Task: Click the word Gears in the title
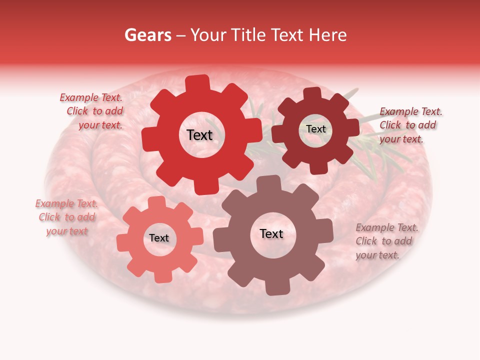148,35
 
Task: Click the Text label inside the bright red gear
199,135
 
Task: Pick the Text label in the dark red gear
315,129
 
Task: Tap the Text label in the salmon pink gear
159,238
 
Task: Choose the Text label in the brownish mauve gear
271,233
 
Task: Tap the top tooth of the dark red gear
312,93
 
